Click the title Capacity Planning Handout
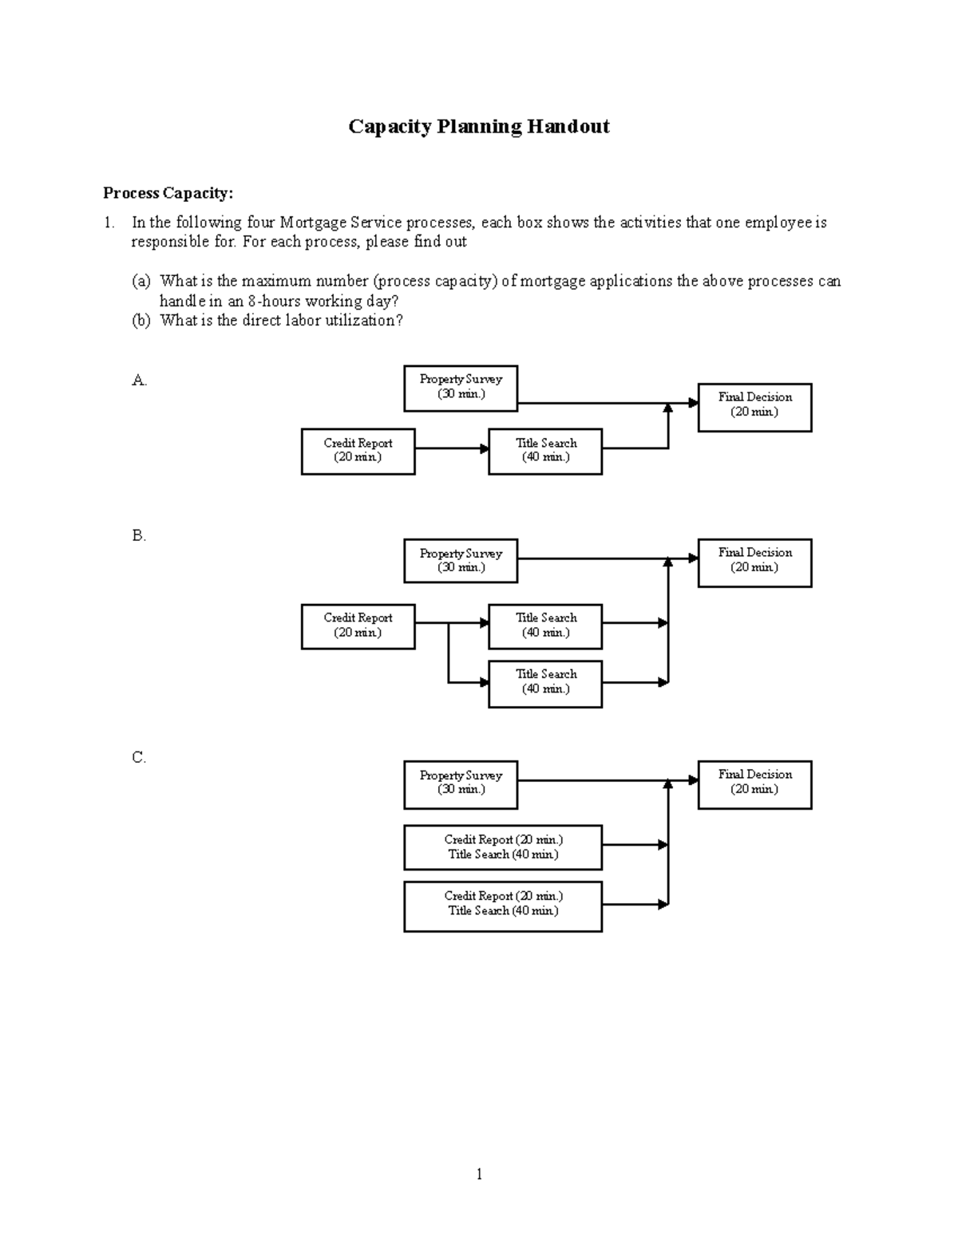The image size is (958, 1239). (478, 127)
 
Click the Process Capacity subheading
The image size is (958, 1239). (168, 193)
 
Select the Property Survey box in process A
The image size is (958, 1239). (461, 389)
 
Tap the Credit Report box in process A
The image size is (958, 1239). (358, 451)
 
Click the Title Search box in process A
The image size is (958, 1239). (545, 451)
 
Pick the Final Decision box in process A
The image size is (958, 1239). (754, 407)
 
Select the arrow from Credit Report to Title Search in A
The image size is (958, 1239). (451, 448)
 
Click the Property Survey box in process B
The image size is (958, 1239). (461, 561)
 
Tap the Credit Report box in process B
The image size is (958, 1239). (358, 626)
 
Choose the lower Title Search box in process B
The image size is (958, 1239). (545, 684)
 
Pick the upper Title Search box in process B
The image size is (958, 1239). (545, 626)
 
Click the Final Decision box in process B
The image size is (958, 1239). (754, 562)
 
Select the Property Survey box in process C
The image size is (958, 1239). (461, 784)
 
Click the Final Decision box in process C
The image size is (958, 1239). (754, 784)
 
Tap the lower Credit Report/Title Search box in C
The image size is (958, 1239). (503, 906)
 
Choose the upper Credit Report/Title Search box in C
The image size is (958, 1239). (503, 847)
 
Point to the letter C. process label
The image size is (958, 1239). (139, 758)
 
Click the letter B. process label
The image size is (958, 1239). (139, 536)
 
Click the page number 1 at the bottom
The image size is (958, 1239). (479, 1174)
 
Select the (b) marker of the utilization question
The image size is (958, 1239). (141, 321)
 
